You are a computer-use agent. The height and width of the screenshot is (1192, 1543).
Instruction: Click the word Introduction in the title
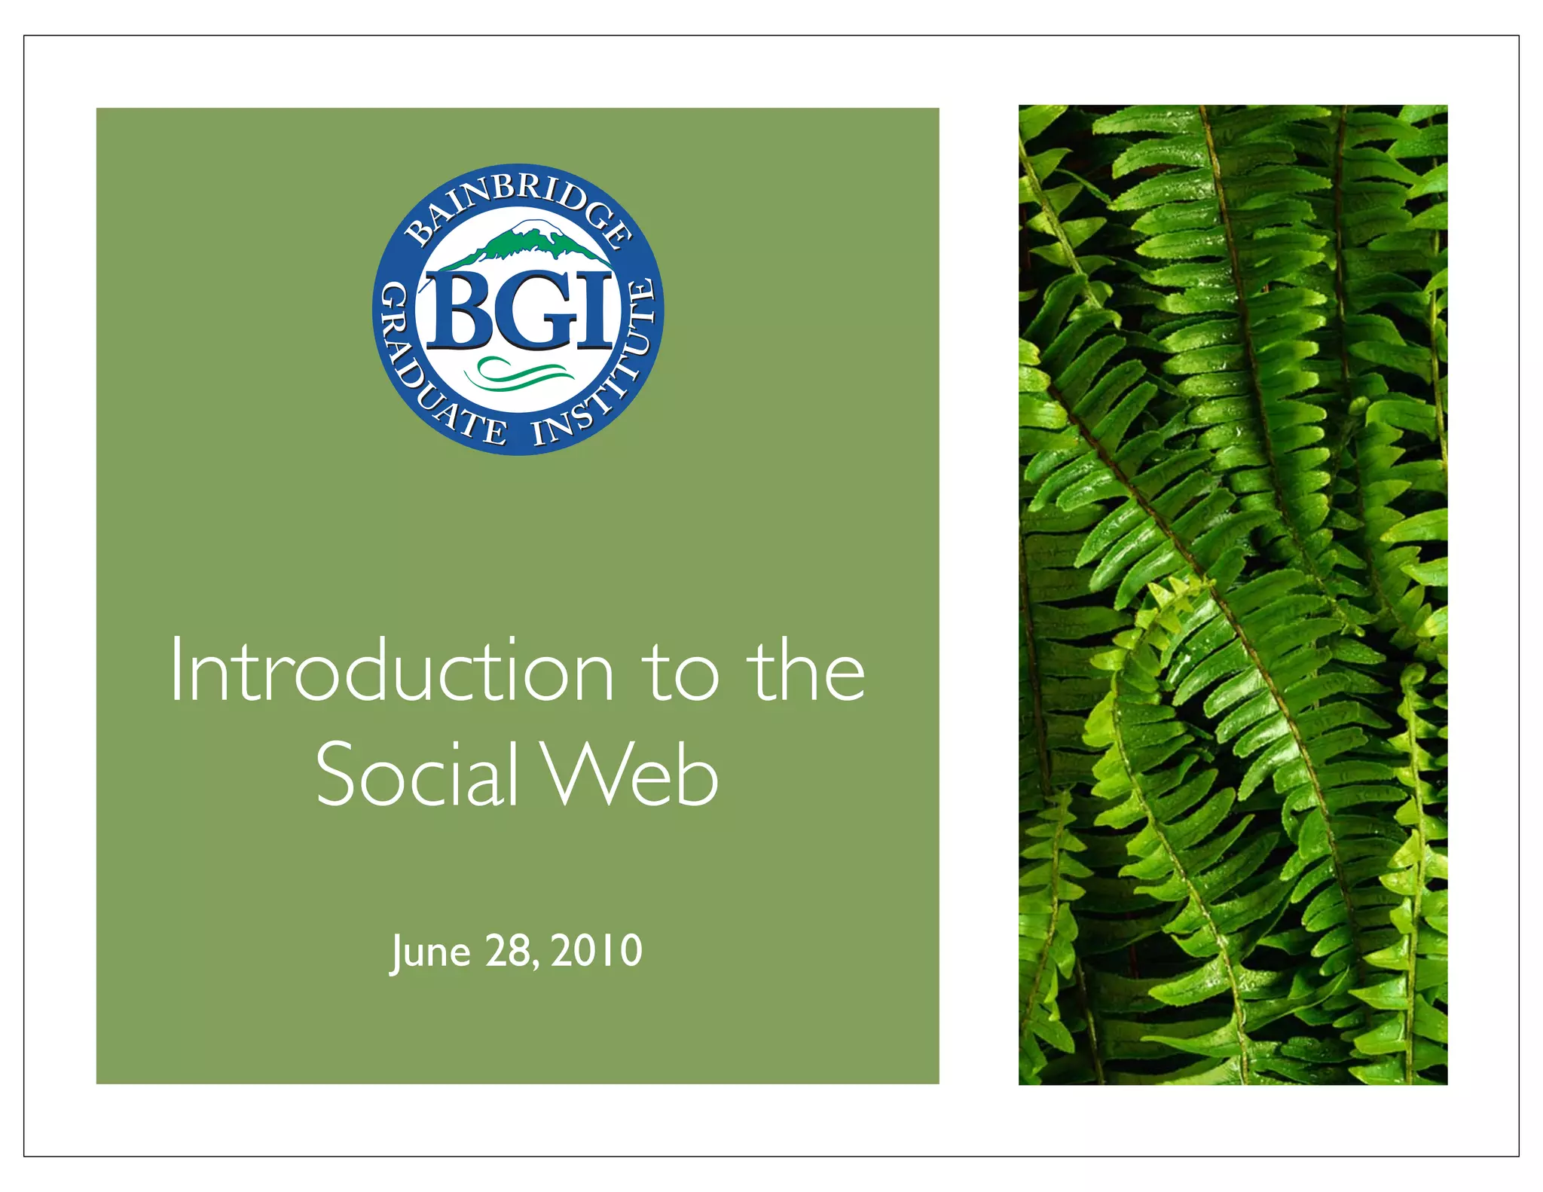pos(392,671)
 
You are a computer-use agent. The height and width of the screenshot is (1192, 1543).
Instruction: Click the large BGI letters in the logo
pos(520,310)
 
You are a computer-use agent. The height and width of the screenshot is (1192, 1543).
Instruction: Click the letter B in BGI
pos(460,310)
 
